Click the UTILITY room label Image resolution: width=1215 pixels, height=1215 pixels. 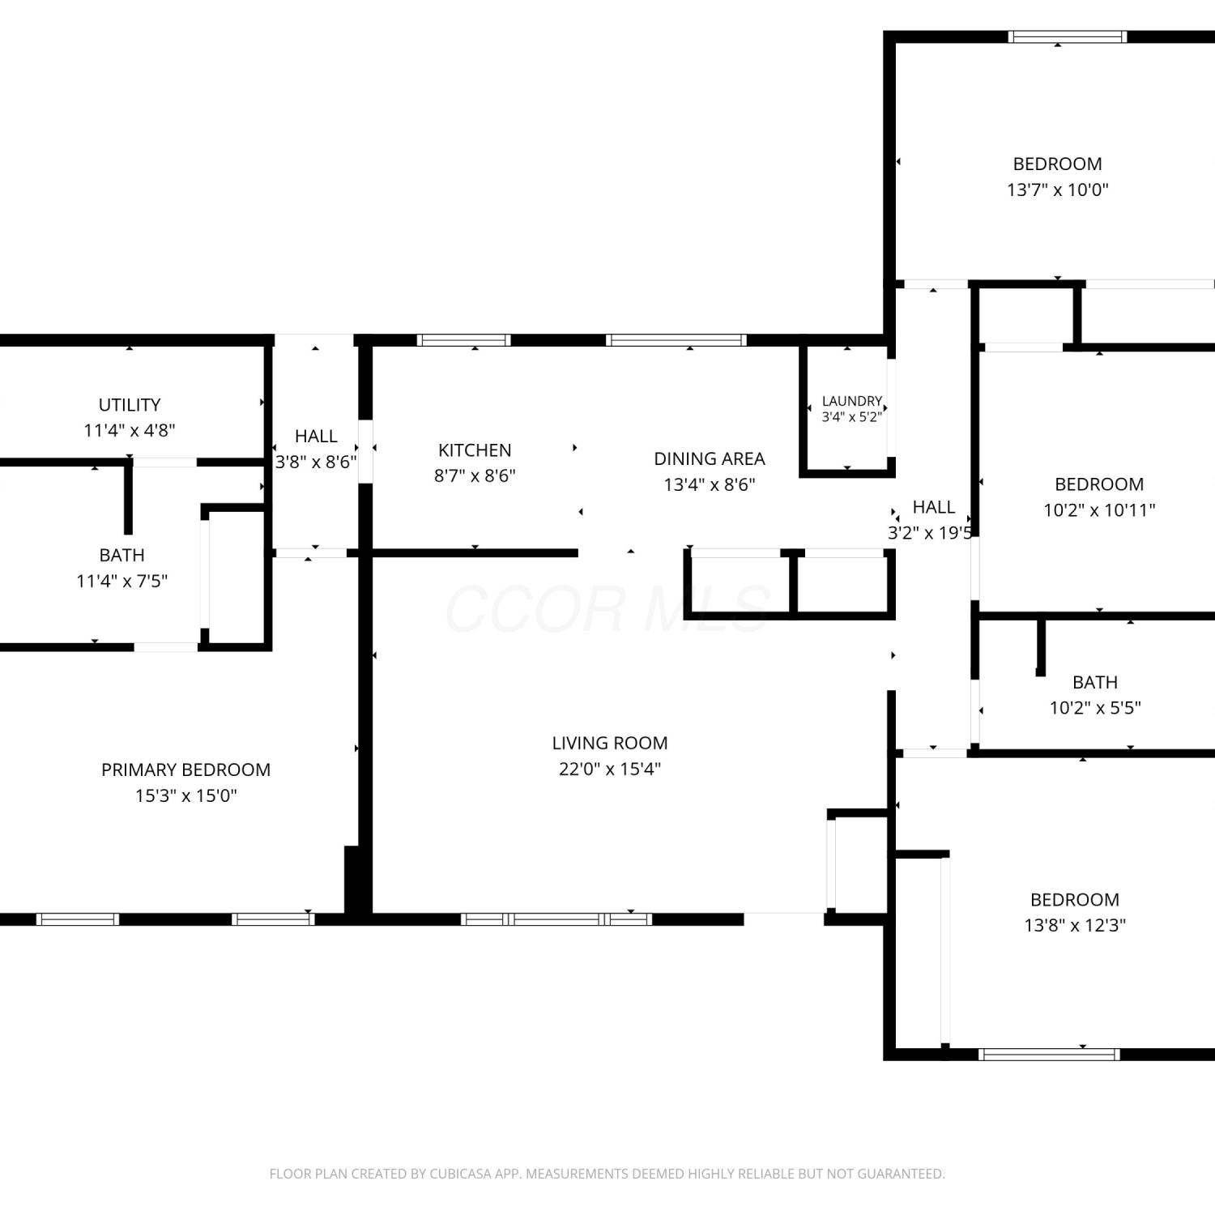click(x=130, y=405)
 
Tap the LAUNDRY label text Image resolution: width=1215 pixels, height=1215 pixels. click(x=851, y=401)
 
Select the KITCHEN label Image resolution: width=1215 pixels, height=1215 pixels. click(x=475, y=450)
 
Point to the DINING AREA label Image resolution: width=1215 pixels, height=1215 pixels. click(x=710, y=458)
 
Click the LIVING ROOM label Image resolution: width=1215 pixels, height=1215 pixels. click(x=610, y=743)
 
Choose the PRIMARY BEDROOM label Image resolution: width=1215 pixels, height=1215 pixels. click(x=185, y=769)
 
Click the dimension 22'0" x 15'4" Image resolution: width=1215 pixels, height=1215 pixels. click(x=610, y=769)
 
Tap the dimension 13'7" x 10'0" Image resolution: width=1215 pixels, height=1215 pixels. click(x=1058, y=190)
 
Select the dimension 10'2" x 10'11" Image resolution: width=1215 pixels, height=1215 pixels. click(x=1099, y=509)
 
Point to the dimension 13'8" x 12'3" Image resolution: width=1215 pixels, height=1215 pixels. click(x=1075, y=925)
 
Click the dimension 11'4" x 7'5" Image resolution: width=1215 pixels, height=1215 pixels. click(x=122, y=581)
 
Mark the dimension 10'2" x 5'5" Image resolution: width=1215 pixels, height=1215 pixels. click(x=1095, y=707)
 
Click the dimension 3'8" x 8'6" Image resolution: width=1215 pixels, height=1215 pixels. click(x=316, y=462)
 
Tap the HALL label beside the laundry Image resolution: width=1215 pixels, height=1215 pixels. click(x=934, y=507)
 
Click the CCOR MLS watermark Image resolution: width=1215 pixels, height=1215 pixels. click(x=607, y=609)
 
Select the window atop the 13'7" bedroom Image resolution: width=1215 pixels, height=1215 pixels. click(x=1068, y=36)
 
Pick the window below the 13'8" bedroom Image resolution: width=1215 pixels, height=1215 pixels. click(x=1049, y=1055)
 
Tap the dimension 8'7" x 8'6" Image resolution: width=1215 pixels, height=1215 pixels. click(x=475, y=475)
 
